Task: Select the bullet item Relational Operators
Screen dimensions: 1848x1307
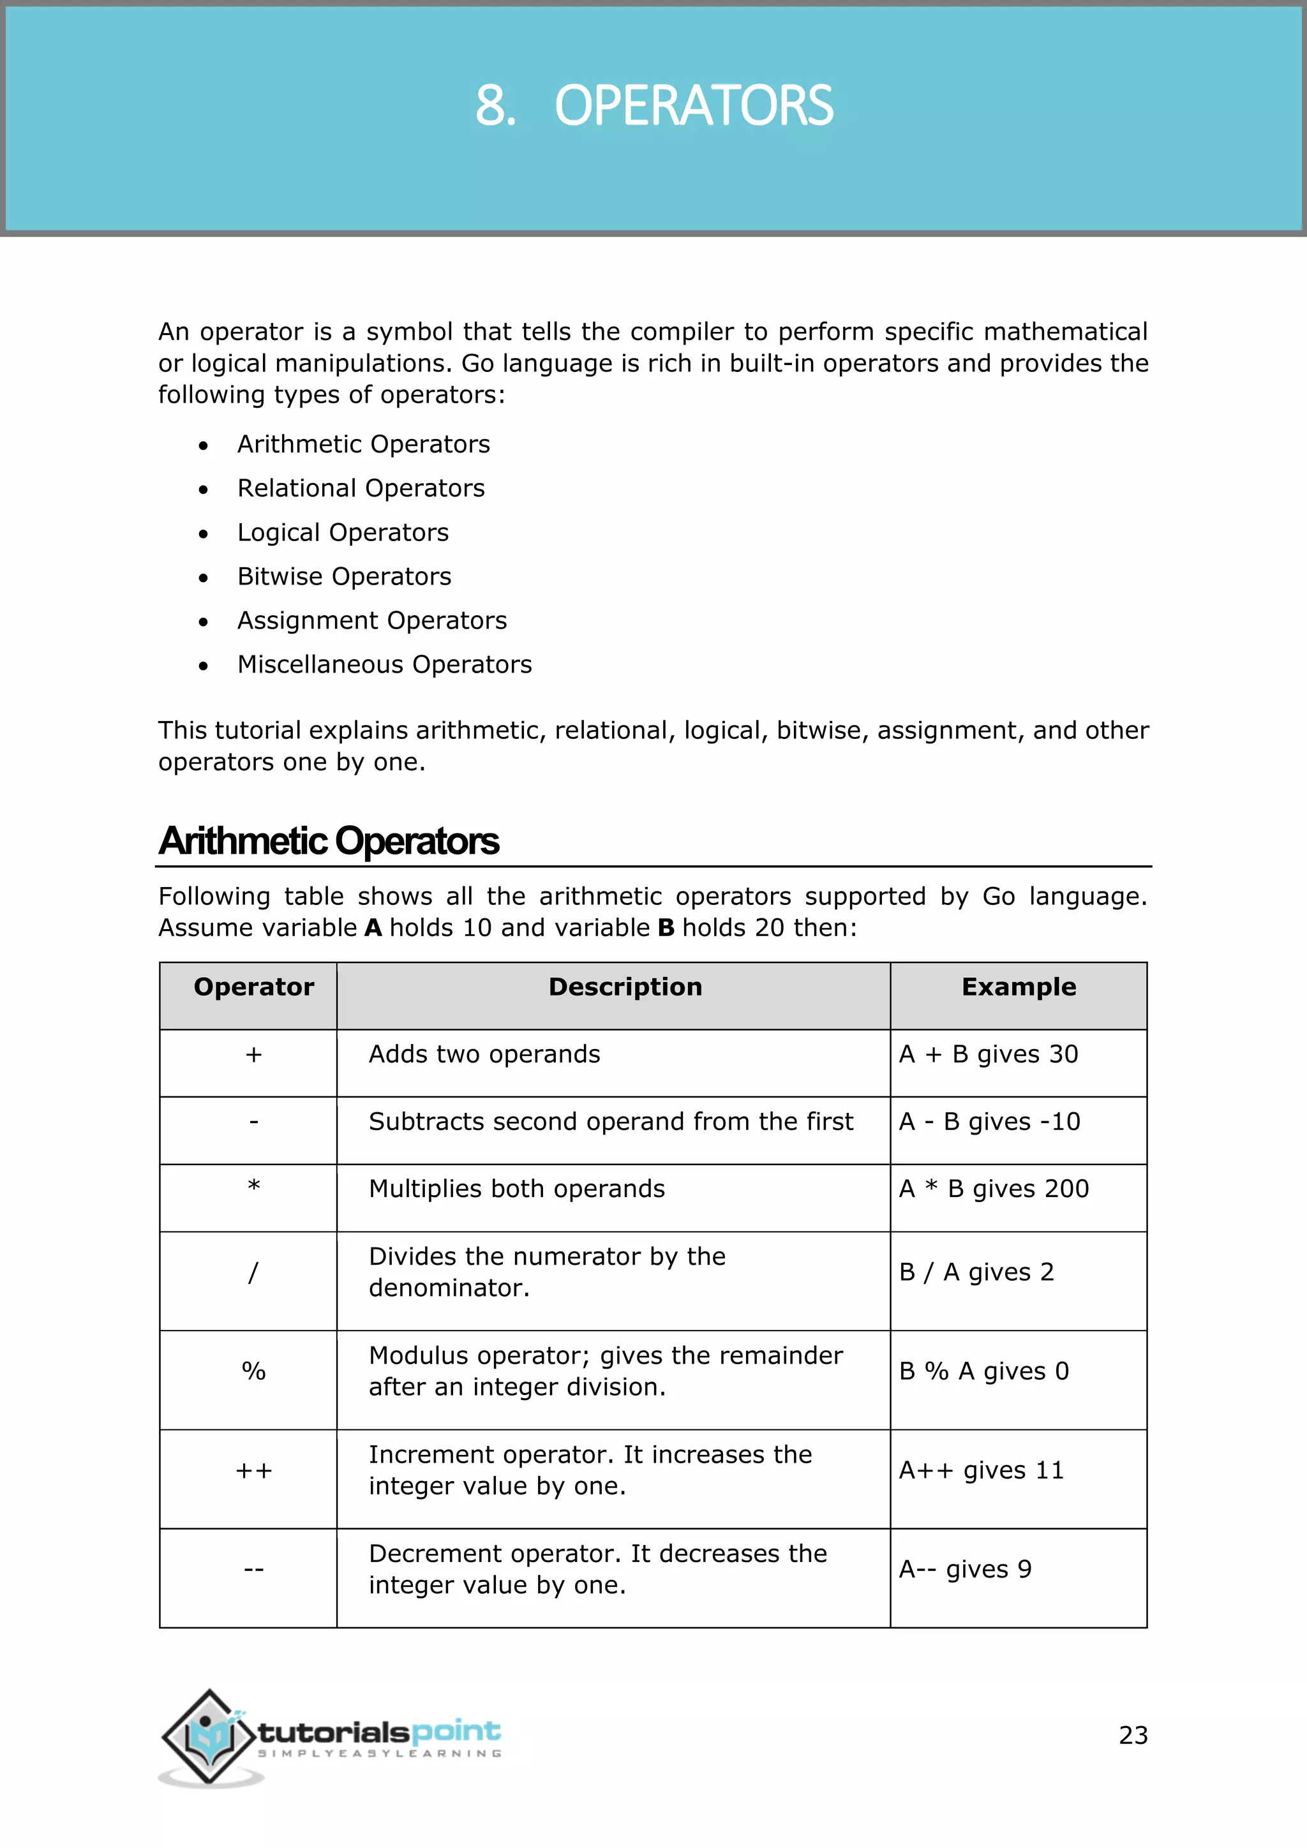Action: coord(361,489)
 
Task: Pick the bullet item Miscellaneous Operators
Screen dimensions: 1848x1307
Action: coord(384,665)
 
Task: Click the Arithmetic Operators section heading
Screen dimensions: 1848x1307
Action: coord(329,841)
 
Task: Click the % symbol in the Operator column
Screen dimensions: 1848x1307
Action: coord(253,1371)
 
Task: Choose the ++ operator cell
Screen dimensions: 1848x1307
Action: coord(253,1472)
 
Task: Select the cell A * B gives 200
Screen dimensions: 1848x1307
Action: coord(993,1189)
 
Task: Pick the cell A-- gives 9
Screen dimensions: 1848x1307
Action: coord(964,1570)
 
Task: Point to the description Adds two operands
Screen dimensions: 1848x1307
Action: coord(484,1054)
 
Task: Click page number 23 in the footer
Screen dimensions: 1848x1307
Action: coord(1132,1735)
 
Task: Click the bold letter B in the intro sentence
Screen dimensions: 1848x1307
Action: coord(666,928)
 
